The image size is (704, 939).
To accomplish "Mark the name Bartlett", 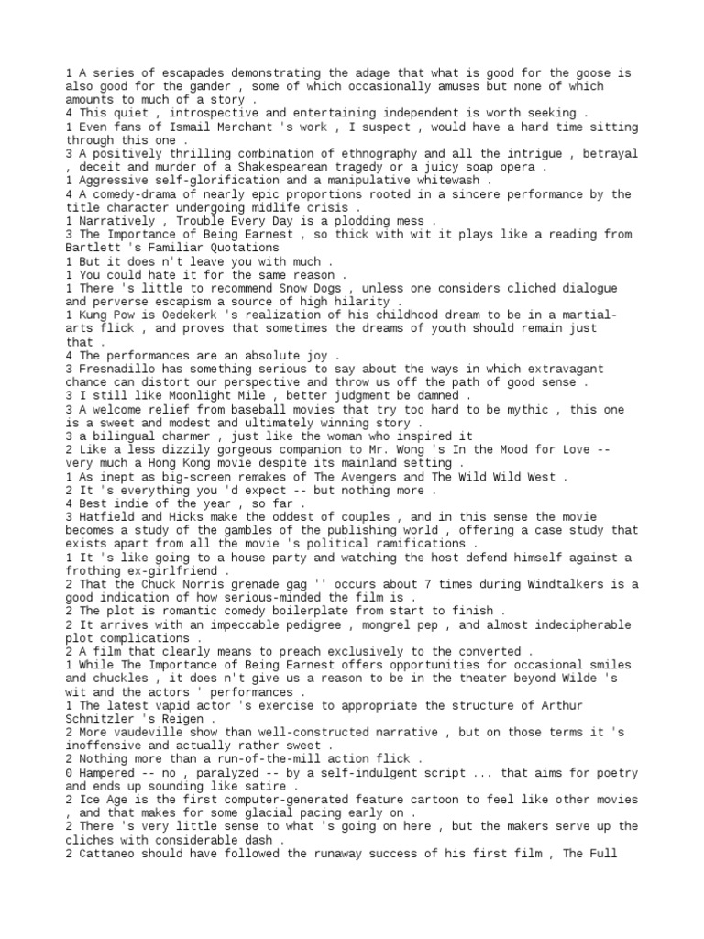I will coord(93,248).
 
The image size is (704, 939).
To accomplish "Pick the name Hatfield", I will coord(106,517).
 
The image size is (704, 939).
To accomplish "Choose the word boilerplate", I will coord(292,611).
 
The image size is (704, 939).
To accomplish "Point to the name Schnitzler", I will coord(106,718).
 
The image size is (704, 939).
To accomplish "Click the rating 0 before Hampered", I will coord(70,772).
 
